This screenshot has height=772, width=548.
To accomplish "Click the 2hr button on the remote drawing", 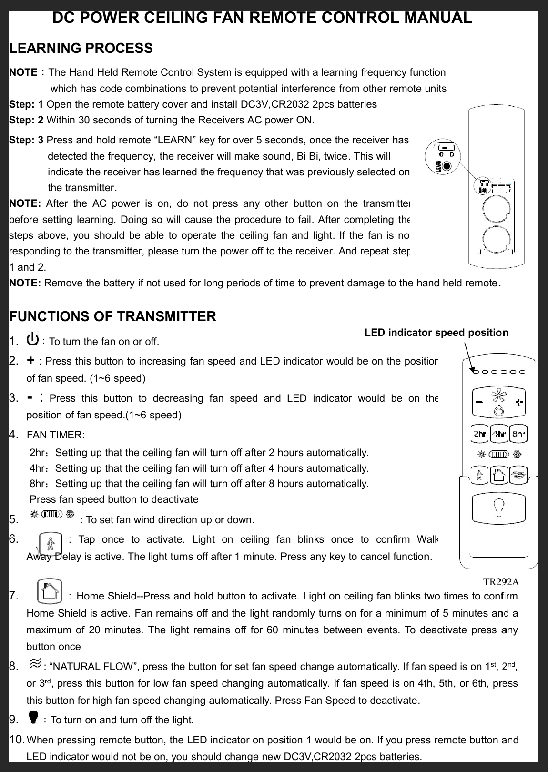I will click(479, 434).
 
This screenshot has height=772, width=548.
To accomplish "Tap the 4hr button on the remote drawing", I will click(499, 434).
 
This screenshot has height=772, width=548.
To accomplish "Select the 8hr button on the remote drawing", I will click(518, 434).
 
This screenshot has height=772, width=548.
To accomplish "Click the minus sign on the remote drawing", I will click(479, 401).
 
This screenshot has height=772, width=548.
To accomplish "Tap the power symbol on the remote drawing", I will click(498, 411).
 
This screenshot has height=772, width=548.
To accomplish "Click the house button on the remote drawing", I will click(499, 475).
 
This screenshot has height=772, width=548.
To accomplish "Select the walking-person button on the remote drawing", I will click(479, 475).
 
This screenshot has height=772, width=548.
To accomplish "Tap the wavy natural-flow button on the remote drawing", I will click(518, 475).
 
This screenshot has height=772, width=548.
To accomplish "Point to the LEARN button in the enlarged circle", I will click(447, 166).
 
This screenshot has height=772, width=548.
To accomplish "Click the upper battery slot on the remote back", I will click(496, 210).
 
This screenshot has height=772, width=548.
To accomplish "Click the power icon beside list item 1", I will click(33, 340).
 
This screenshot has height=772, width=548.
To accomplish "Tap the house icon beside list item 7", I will click(49, 592).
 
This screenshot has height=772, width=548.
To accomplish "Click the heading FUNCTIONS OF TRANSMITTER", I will click(113, 316).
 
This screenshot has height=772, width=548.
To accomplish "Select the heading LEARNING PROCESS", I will click(81, 48).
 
